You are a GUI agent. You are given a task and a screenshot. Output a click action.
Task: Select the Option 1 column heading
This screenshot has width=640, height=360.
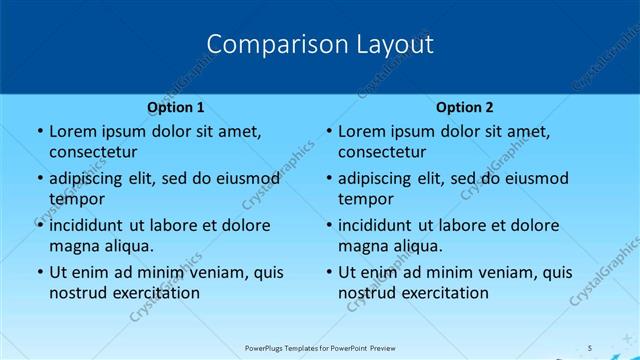pos(176,107)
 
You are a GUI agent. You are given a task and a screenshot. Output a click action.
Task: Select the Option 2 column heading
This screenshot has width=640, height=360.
pos(465,107)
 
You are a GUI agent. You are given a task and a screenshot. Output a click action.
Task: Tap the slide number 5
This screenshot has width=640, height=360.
pos(591,347)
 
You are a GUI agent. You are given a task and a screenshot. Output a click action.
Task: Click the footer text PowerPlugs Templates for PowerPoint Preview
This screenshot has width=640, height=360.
pos(319,347)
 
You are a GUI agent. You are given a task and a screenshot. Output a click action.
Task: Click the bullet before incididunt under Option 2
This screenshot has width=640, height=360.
pos(329,226)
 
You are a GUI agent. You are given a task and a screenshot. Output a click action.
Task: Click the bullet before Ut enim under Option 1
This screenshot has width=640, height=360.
pos(39,273)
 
